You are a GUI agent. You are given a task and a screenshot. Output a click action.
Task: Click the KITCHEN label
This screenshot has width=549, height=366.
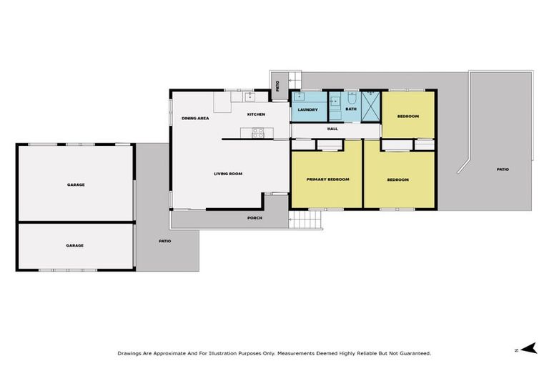[256, 114]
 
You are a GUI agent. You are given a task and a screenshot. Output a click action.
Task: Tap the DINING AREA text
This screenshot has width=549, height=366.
[194, 118]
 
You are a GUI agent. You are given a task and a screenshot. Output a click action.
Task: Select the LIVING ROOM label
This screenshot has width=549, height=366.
[229, 174]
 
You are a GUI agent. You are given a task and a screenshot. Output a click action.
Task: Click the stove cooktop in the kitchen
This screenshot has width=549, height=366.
[257, 132]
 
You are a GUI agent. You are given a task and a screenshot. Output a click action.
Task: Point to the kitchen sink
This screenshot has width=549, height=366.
[249, 97]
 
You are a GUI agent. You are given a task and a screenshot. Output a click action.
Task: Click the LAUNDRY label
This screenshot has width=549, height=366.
[307, 109]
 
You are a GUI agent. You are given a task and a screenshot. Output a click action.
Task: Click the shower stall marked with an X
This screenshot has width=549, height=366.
[371, 107]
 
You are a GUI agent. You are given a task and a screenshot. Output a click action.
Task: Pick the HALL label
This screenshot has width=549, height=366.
[332, 129]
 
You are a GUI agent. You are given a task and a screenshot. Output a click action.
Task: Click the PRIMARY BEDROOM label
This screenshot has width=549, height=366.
[327, 179]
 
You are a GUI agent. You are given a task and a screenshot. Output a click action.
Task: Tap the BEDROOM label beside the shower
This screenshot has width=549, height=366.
[407, 116]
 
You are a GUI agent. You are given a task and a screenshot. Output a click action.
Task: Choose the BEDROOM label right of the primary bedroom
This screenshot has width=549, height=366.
[397, 179]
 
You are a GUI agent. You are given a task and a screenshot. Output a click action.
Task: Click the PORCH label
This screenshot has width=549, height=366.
[254, 217]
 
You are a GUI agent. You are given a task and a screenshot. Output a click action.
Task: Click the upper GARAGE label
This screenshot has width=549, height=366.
[76, 184]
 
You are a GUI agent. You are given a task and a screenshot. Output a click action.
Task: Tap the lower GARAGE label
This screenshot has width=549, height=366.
[75, 245]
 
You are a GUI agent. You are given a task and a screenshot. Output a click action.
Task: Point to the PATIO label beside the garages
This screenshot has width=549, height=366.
[165, 241]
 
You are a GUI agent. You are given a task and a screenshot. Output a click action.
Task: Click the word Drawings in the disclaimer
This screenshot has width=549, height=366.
[130, 353]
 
